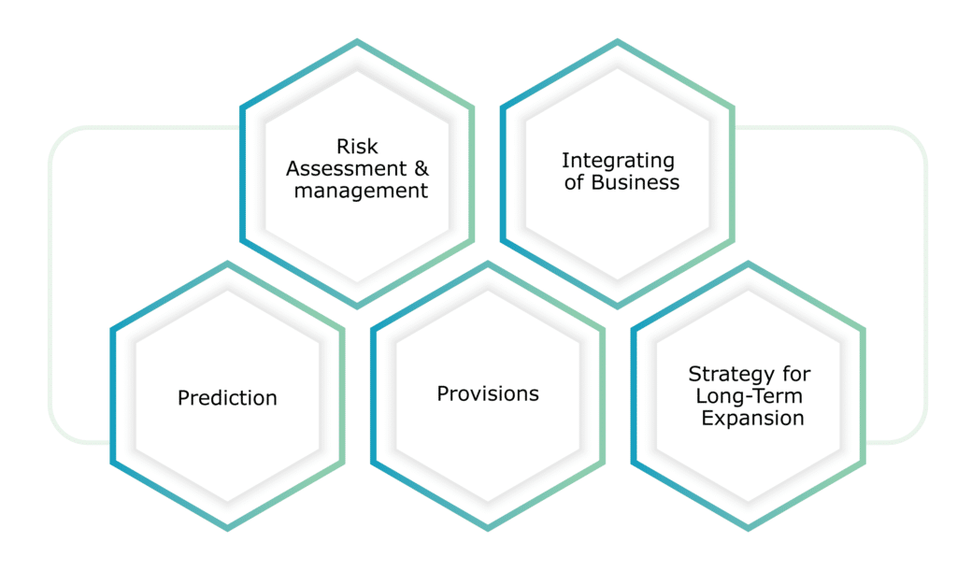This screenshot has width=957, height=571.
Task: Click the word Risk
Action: tap(357, 147)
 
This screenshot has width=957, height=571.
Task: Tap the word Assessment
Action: tap(346, 168)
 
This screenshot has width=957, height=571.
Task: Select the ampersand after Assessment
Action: tap(421, 168)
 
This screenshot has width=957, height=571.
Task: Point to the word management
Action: tap(361, 191)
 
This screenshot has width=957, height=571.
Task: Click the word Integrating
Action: tap(619, 161)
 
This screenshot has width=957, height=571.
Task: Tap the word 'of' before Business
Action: tap(575, 182)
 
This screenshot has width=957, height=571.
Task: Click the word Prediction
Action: tap(227, 398)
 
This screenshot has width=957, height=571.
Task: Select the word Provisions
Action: tap(488, 393)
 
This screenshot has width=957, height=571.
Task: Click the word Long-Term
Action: tap(749, 396)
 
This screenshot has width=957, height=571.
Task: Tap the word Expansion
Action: tap(752, 418)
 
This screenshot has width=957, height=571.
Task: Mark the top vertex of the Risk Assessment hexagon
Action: tap(357, 41)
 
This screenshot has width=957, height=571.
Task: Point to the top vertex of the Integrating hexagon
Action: tap(617, 41)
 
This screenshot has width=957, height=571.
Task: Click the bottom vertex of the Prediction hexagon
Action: tap(228, 528)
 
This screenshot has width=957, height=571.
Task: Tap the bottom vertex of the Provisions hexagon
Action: tap(488, 528)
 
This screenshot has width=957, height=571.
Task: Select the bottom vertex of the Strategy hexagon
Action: tap(749, 528)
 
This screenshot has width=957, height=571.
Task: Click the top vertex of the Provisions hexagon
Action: tap(488, 264)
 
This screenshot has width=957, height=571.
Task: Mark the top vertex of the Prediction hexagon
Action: tap(228, 264)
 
